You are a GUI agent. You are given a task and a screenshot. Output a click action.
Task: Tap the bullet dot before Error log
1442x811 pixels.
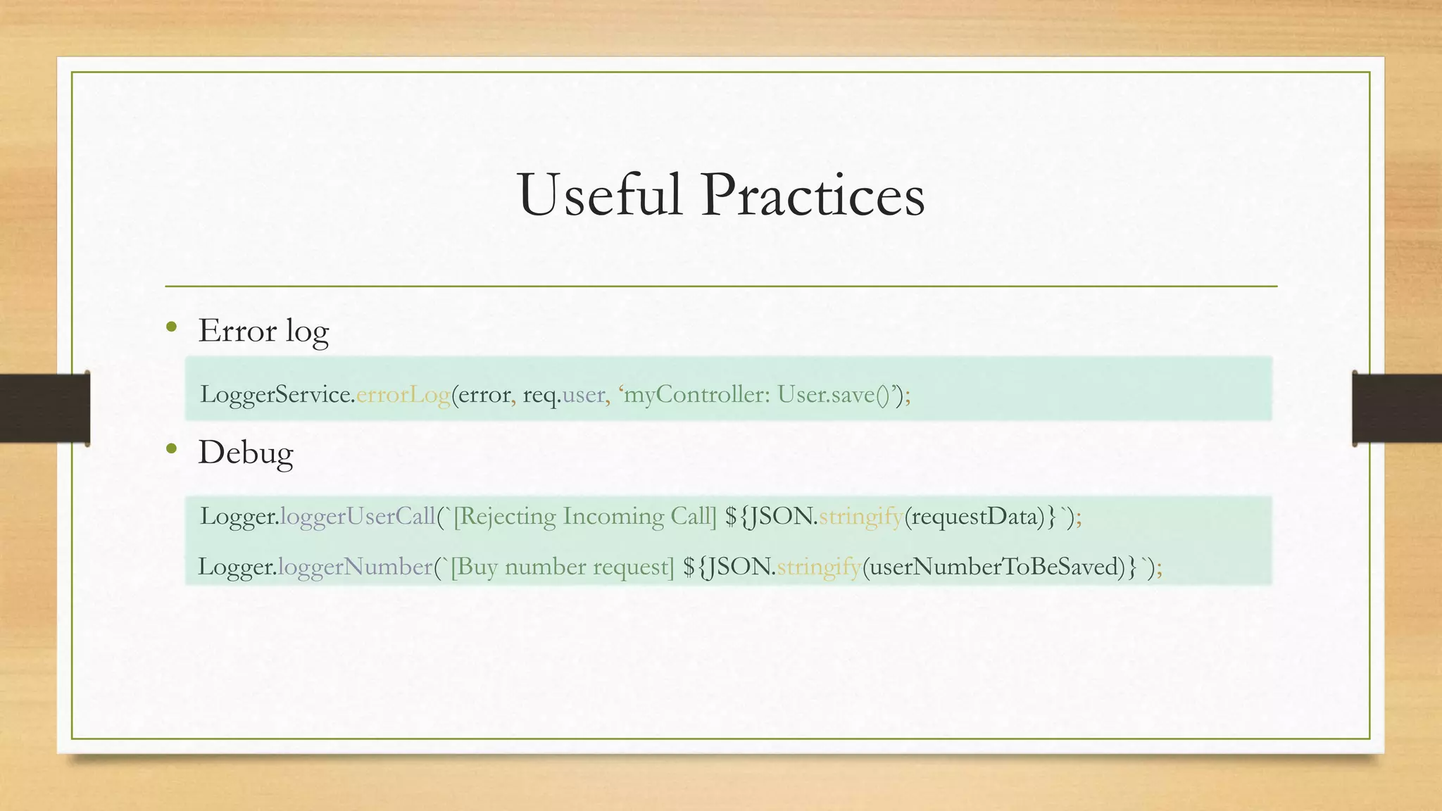pos(171,327)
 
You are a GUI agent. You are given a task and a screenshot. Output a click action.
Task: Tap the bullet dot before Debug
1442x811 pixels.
pos(171,448)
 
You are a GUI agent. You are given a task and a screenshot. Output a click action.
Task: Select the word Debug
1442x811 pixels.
pos(245,453)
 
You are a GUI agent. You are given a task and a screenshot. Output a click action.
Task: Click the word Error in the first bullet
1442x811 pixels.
pos(237,331)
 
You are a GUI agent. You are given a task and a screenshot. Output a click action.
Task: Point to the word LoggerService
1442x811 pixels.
pos(277,395)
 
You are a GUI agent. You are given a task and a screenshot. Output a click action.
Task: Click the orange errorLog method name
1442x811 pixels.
pos(403,395)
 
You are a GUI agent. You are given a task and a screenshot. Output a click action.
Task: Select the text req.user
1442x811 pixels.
pos(563,395)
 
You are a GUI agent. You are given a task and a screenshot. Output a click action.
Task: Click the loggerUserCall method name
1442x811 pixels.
pos(358,517)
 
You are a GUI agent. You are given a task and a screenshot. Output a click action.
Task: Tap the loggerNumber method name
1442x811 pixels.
pos(355,567)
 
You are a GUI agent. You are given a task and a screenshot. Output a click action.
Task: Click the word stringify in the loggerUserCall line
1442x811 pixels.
pos(860,517)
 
